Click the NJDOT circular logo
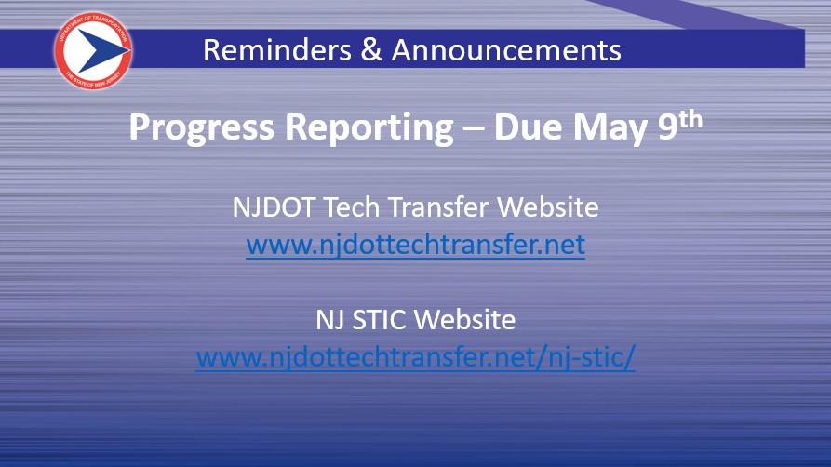click(93, 50)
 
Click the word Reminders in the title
click(277, 50)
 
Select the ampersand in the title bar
click(371, 50)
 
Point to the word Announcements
click(506, 50)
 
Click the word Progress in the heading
click(201, 127)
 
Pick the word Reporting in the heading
click(369, 127)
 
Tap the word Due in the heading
click(528, 127)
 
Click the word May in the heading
click(610, 128)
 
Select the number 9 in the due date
click(667, 127)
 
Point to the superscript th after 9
click(690, 120)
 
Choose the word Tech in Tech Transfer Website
click(352, 207)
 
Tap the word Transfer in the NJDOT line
click(439, 207)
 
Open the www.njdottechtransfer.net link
click(415, 245)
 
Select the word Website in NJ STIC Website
click(464, 320)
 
